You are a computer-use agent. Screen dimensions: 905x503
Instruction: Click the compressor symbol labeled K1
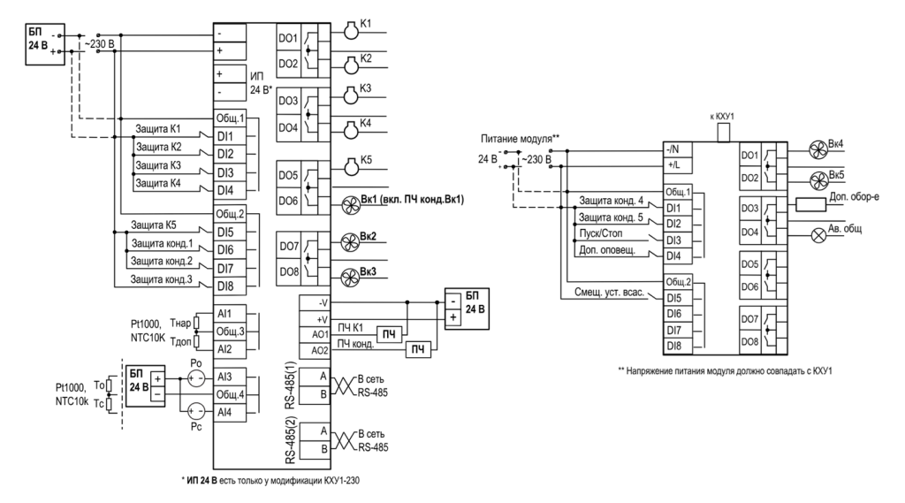click(x=351, y=32)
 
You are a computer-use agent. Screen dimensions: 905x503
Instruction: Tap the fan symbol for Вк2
click(x=350, y=242)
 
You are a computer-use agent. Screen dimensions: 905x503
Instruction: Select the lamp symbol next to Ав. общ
click(x=819, y=235)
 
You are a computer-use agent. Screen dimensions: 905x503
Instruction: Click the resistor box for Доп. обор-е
click(x=811, y=204)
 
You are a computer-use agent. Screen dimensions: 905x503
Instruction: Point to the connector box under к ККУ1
click(x=723, y=133)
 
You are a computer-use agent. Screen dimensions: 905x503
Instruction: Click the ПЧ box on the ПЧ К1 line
click(x=390, y=334)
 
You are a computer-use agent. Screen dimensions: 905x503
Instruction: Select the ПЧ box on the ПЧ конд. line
click(x=418, y=349)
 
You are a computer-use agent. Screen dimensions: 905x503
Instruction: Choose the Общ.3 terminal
click(x=231, y=332)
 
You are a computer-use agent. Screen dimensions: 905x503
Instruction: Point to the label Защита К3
click(x=158, y=165)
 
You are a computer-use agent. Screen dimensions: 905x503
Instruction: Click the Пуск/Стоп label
click(x=601, y=233)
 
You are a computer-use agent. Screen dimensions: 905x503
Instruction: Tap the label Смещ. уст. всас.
click(x=609, y=293)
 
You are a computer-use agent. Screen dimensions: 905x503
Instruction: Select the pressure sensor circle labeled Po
click(x=196, y=378)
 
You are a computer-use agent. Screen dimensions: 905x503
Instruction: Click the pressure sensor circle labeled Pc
click(x=196, y=411)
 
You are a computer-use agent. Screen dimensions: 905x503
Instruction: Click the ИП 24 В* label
click(x=262, y=83)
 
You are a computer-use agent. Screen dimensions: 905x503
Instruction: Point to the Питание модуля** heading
click(x=520, y=139)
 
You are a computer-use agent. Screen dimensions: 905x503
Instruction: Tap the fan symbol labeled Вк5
click(x=819, y=180)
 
